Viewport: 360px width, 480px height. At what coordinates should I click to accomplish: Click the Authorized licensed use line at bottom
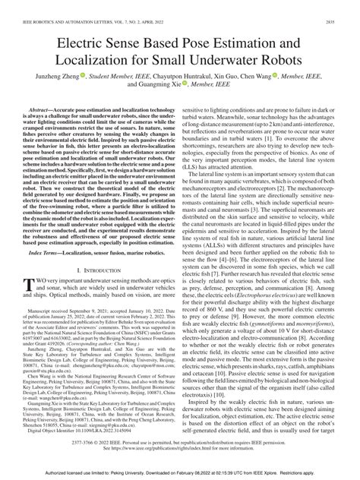point(180,472)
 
